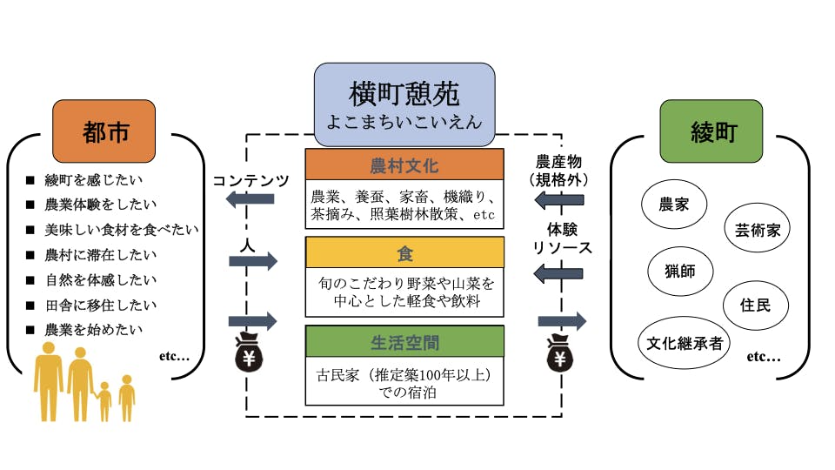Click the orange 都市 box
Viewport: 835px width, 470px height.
pyautogui.click(x=104, y=132)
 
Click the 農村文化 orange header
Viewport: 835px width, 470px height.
pyautogui.click(x=404, y=165)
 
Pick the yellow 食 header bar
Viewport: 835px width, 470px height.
pyautogui.click(x=404, y=252)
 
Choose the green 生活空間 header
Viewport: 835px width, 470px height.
pyautogui.click(x=404, y=340)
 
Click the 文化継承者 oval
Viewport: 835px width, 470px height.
pyautogui.click(x=685, y=343)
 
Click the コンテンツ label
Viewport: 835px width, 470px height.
pyautogui.click(x=251, y=180)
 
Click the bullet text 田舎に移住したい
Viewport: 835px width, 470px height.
pyautogui.click(x=95, y=305)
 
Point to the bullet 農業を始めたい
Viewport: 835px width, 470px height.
pyautogui.click(x=95, y=331)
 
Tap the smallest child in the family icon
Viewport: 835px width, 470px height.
pyautogui.click(x=105, y=399)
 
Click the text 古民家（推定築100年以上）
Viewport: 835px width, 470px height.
pyautogui.click(x=404, y=376)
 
